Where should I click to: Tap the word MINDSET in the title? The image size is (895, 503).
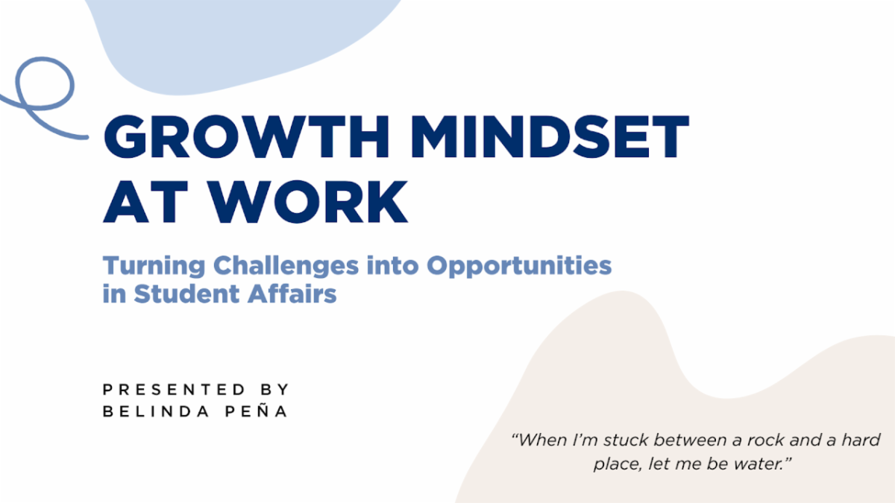click(550, 137)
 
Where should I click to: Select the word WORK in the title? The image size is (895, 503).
click(309, 201)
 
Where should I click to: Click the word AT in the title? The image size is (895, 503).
click(146, 201)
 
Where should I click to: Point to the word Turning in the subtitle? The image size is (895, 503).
click(154, 267)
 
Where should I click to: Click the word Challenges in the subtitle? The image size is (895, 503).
click(286, 267)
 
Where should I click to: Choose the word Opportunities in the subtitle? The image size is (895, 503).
click(519, 267)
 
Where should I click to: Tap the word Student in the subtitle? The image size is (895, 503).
click(186, 294)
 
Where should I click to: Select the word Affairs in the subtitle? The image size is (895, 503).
click(292, 294)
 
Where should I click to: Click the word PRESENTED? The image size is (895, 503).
click(174, 390)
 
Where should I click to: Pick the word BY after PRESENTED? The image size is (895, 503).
click(275, 390)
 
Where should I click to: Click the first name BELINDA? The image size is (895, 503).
click(156, 411)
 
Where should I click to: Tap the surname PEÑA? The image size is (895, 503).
click(256, 411)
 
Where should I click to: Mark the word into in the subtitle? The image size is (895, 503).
click(393, 266)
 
